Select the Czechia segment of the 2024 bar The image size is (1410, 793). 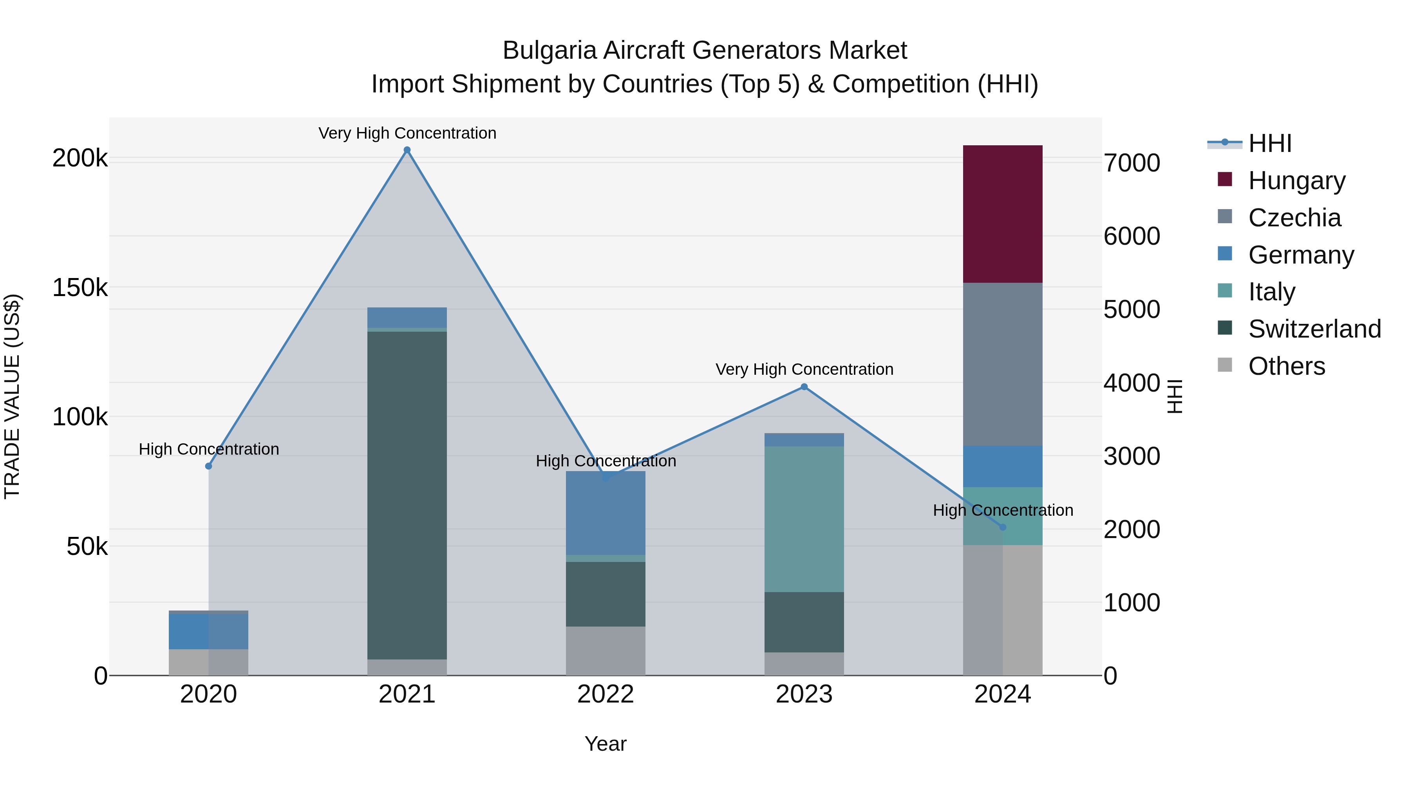(1002, 364)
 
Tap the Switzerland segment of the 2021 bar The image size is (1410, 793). (407, 495)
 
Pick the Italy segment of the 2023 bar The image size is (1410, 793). (804, 519)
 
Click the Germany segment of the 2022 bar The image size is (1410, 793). (606, 513)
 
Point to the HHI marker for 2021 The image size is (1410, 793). (407, 150)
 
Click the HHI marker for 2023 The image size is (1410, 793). (804, 387)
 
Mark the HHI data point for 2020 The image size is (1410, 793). (208, 466)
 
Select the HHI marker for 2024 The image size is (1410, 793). (1003, 527)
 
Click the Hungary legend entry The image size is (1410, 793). (1296, 181)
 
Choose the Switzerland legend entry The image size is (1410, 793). (1314, 329)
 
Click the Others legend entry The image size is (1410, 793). (1286, 366)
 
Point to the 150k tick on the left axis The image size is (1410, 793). (80, 288)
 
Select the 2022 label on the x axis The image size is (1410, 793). (606, 694)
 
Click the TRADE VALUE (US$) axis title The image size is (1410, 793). (13, 396)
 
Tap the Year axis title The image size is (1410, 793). (606, 744)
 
